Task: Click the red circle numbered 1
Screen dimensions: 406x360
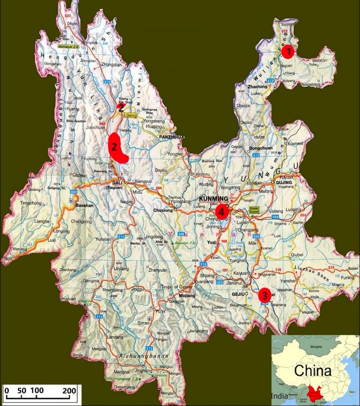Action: (x=288, y=52)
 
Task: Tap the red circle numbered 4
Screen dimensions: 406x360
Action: (x=222, y=211)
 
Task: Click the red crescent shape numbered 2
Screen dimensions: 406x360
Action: (x=116, y=148)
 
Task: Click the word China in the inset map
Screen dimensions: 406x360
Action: (x=313, y=371)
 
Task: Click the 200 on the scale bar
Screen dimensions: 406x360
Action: (x=69, y=390)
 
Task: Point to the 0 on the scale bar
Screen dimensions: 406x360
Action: (x=6, y=390)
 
